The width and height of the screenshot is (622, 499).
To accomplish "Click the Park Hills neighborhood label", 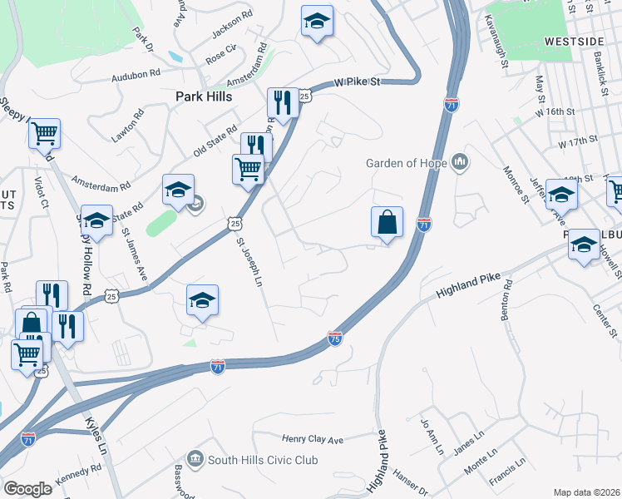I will pos(203,96).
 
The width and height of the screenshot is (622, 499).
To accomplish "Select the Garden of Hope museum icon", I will pos(460,162).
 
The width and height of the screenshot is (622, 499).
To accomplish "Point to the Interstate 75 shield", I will pos(334,338).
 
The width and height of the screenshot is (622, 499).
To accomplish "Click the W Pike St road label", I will pos(358,82).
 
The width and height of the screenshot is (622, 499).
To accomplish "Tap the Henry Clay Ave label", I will pos(312,438).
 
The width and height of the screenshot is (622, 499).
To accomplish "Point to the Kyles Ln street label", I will pos(97,434).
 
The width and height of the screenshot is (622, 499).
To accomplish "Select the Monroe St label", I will pos(516,184).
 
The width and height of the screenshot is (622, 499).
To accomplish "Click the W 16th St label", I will pos(555,111).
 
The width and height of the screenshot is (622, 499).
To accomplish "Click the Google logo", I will pos(27,488).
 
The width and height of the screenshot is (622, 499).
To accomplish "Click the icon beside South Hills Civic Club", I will pos(195,459).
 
